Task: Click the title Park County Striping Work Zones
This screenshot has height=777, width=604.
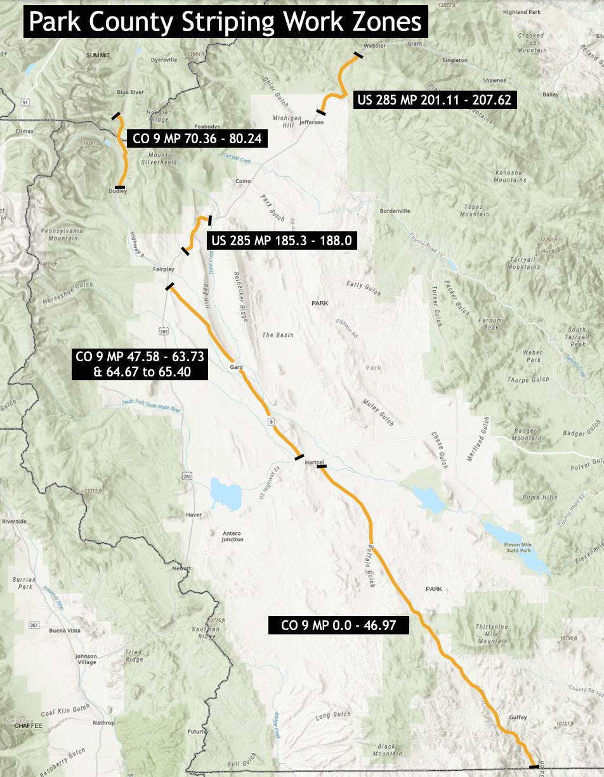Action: click(225, 22)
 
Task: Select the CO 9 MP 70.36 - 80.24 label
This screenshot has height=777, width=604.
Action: click(197, 139)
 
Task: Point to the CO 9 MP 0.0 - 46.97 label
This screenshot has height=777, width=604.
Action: click(338, 626)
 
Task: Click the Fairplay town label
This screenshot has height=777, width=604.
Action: click(163, 269)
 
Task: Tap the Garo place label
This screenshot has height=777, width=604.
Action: click(236, 366)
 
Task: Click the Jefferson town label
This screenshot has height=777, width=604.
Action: click(311, 122)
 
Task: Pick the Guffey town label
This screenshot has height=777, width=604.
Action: click(517, 717)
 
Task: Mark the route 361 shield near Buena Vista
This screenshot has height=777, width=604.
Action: click(34, 626)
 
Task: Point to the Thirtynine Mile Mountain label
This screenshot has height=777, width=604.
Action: click(492, 634)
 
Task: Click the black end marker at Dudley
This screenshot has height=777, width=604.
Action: click(121, 187)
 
